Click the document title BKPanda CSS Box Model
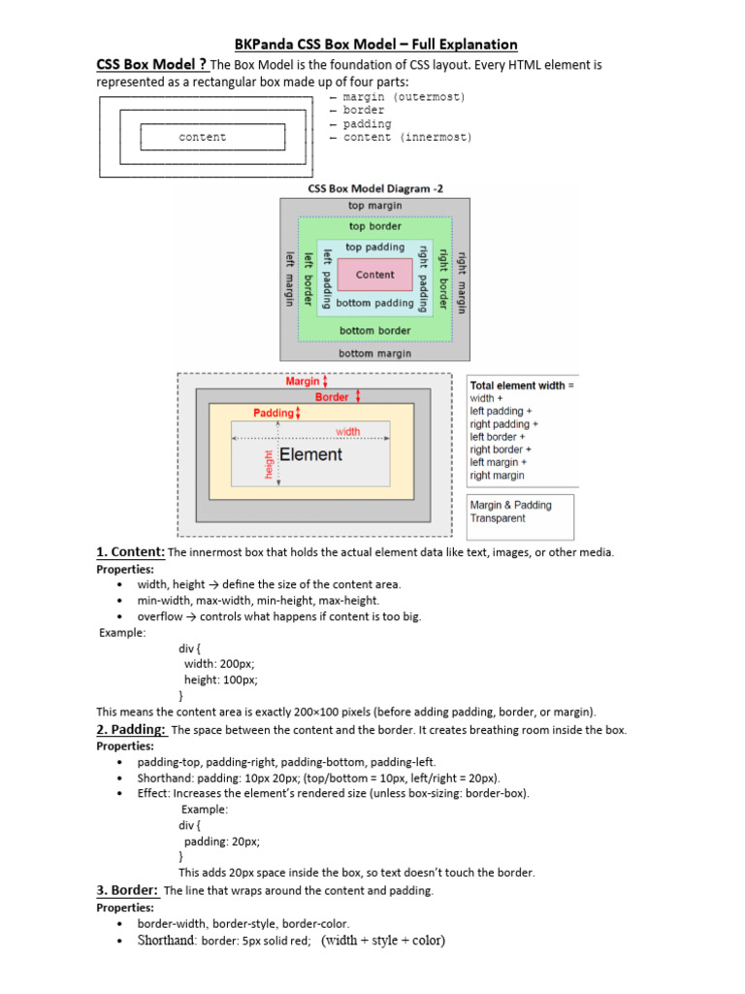click(377, 45)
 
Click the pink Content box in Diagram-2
click(374, 275)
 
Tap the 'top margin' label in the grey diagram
click(374, 206)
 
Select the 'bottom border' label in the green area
click(374, 331)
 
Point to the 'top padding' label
click(374, 248)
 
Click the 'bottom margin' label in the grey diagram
click(374, 353)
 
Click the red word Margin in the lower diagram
click(303, 381)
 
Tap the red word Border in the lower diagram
click(332, 397)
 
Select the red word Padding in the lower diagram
click(273, 413)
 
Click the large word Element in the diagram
click(310, 454)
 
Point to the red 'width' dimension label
click(347, 431)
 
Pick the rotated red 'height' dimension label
click(269, 463)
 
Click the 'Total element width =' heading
click(522, 385)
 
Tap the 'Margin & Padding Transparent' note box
click(520, 512)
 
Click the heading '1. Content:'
click(131, 552)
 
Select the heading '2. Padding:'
click(131, 729)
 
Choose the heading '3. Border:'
click(128, 890)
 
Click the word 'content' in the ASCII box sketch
click(202, 138)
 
